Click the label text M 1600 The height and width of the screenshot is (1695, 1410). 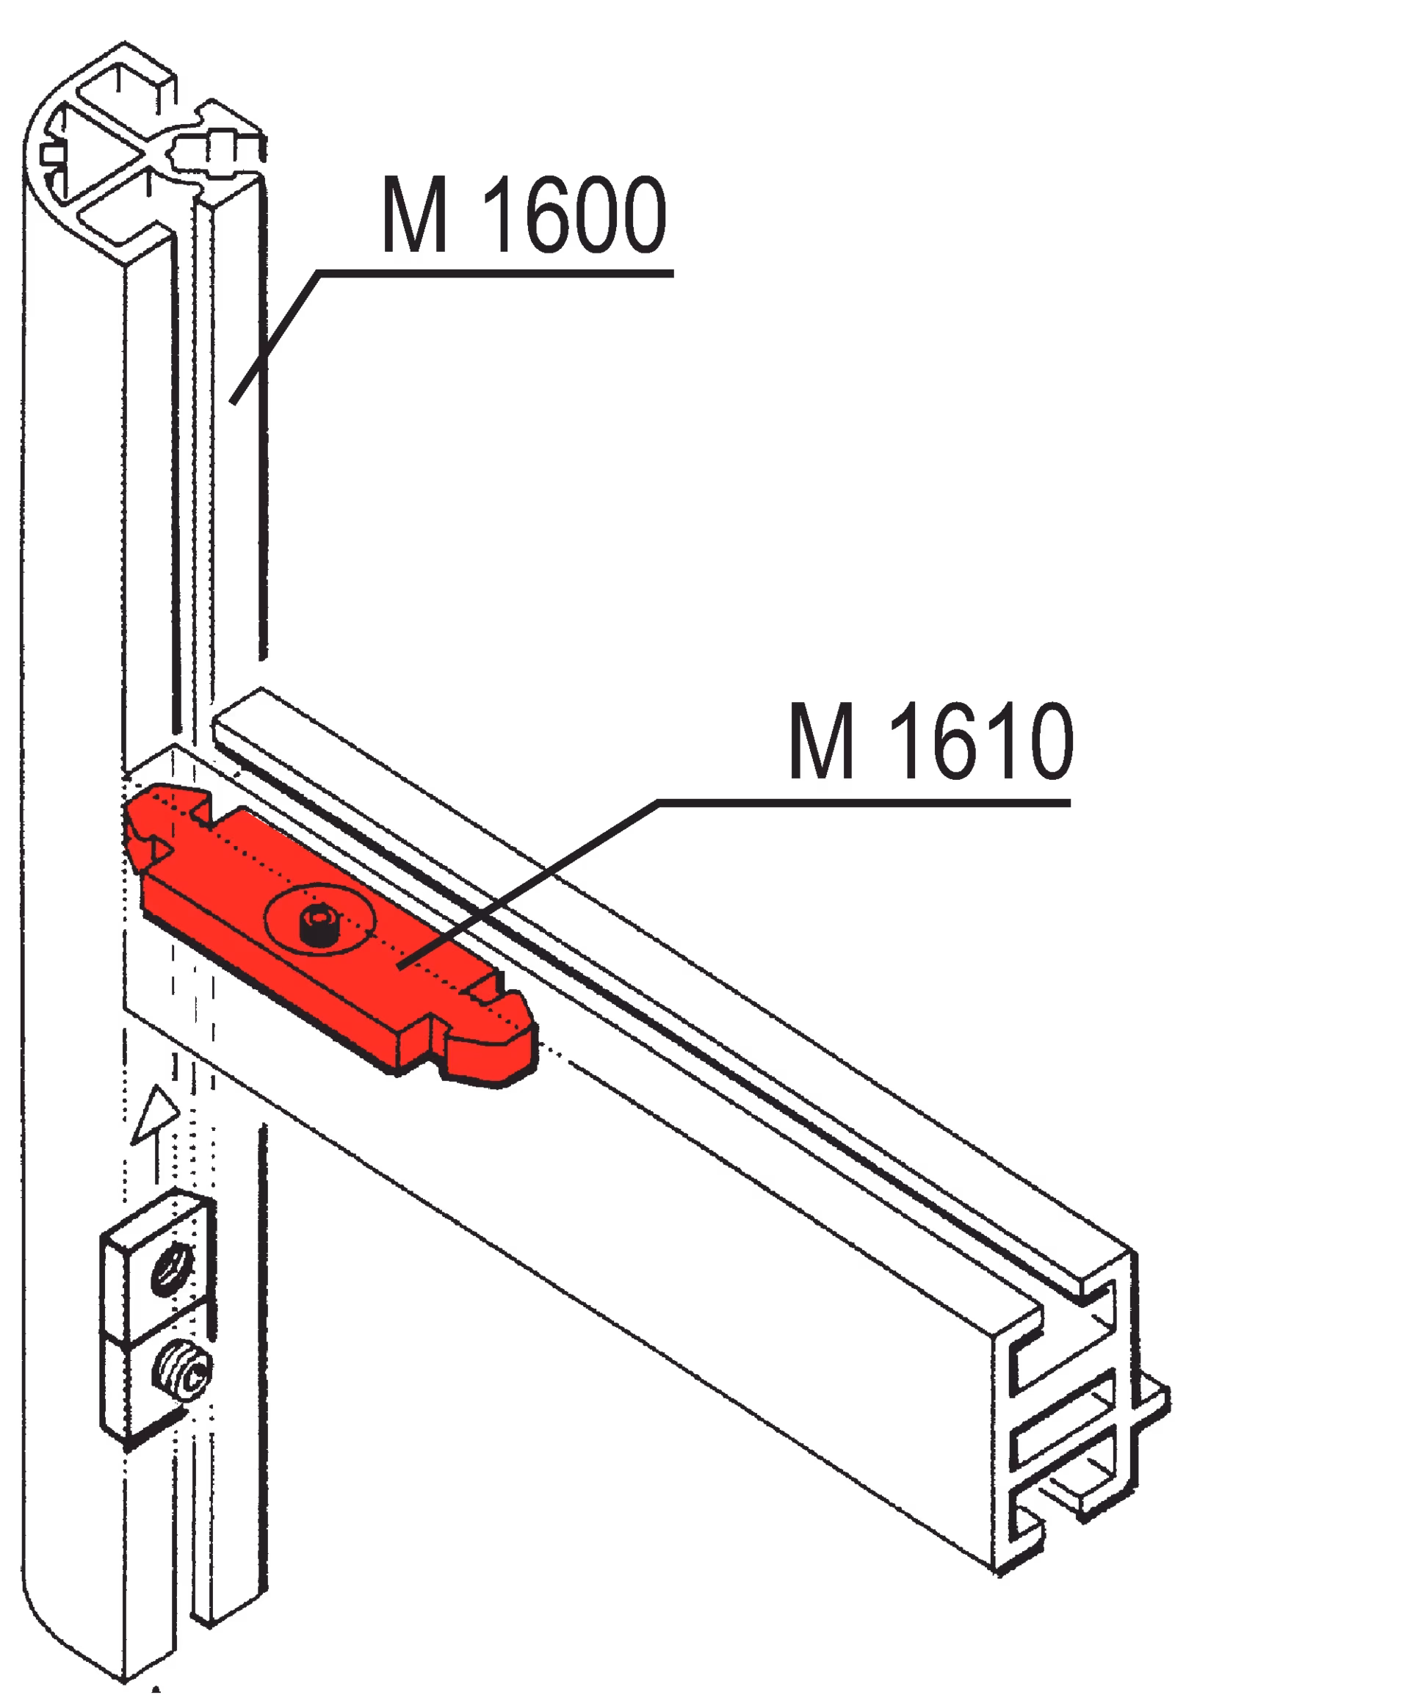(x=524, y=214)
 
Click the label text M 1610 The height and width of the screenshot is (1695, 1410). (x=930, y=741)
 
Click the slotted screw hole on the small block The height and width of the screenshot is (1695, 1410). (x=173, y=1269)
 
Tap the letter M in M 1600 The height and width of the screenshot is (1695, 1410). (x=415, y=214)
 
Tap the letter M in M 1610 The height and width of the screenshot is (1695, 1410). (x=822, y=741)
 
